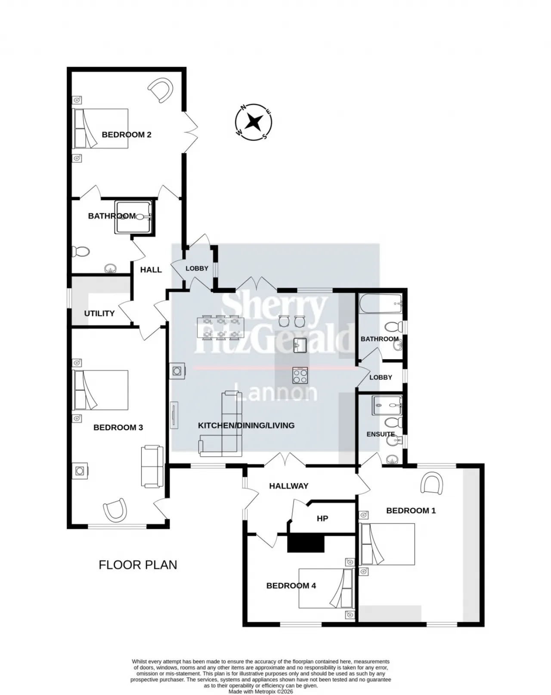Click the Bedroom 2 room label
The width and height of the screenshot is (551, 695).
coord(126,135)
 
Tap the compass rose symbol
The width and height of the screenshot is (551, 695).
coord(254,122)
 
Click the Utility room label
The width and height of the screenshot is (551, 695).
coord(99,313)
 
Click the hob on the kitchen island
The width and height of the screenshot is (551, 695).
coord(300,375)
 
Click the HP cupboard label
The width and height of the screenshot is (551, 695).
coord(322,518)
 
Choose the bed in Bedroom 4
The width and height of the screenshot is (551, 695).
coord(327,588)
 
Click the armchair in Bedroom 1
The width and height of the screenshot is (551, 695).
coord(431,483)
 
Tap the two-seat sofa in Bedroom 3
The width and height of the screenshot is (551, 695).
coord(152,466)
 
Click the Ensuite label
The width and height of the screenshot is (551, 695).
coord(381,434)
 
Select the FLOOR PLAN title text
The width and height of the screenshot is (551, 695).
coord(138,565)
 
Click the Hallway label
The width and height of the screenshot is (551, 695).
coord(289,486)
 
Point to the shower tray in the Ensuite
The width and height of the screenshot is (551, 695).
coord(387,405)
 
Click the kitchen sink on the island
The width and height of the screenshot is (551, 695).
coord(300,345)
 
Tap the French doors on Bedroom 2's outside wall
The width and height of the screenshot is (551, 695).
coord(190,132)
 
